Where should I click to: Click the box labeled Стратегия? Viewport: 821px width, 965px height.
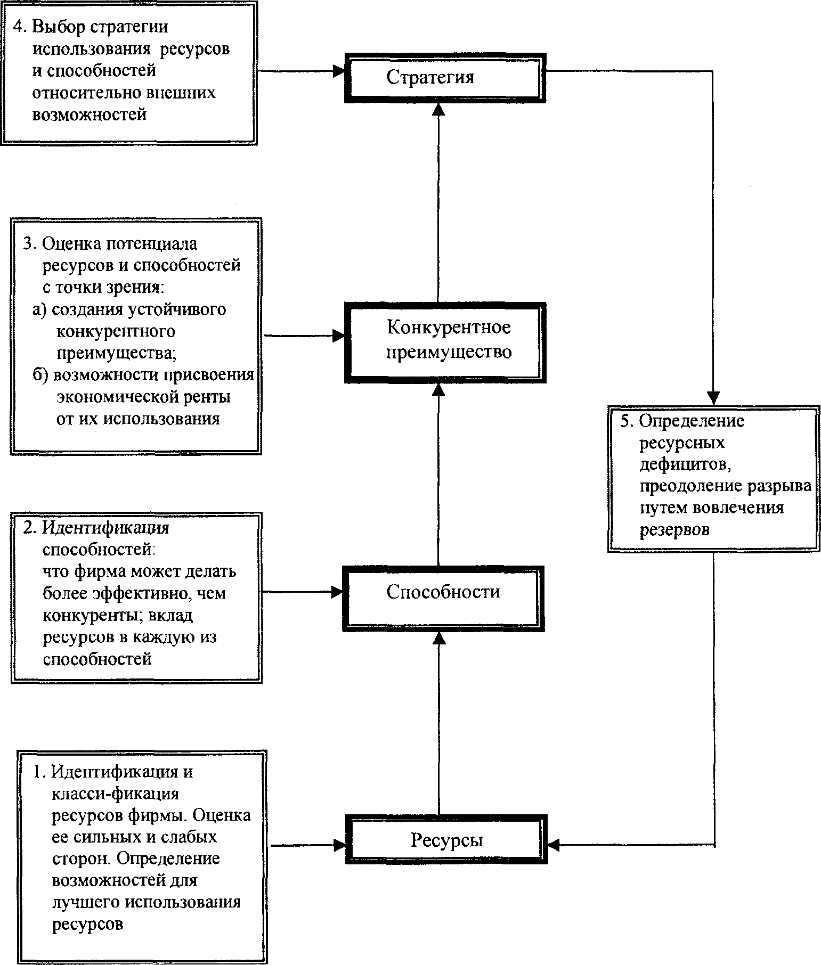pyautogui.click(x=444, y=77)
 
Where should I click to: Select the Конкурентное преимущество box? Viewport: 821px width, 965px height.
pyautogui.click(x=445, y=341)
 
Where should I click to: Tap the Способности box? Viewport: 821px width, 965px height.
pyautogui.click(x=443, y=592)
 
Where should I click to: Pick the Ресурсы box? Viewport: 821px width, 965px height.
pyautogui.click(x=446, y=840)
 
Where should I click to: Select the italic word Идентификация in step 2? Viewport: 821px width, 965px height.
pyautogui.click(x=105, y=528)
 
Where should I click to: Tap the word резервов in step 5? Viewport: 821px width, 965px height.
pyautogui.click(x=674, y=530)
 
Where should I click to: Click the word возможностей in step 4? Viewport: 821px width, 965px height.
pyautogui.click(x=89, y=115)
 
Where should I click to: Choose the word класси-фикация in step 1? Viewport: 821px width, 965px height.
pyautogui.click(x=116, y=794)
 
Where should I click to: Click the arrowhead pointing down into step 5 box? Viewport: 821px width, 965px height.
pyautogui.click(x=713, y=398)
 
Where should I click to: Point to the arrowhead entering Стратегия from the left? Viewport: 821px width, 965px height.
pyautogui.click(x=339, y=71)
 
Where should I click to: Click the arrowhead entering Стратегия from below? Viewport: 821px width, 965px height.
pyautogui.click(x=438, y=109)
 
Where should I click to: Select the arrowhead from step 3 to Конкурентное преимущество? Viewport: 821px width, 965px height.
pyautogui.click(x=339, y=336)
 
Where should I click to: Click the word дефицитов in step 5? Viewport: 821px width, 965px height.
pyautogui.click(x=684, y=464)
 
